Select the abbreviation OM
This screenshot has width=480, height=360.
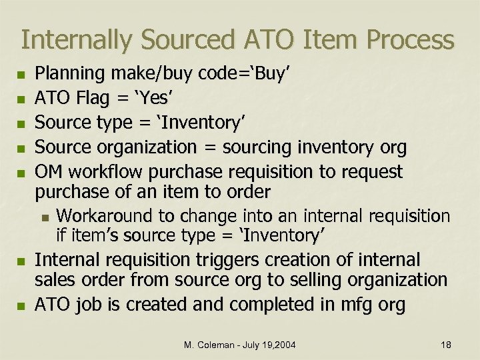48,172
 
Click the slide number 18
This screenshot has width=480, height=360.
446,344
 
